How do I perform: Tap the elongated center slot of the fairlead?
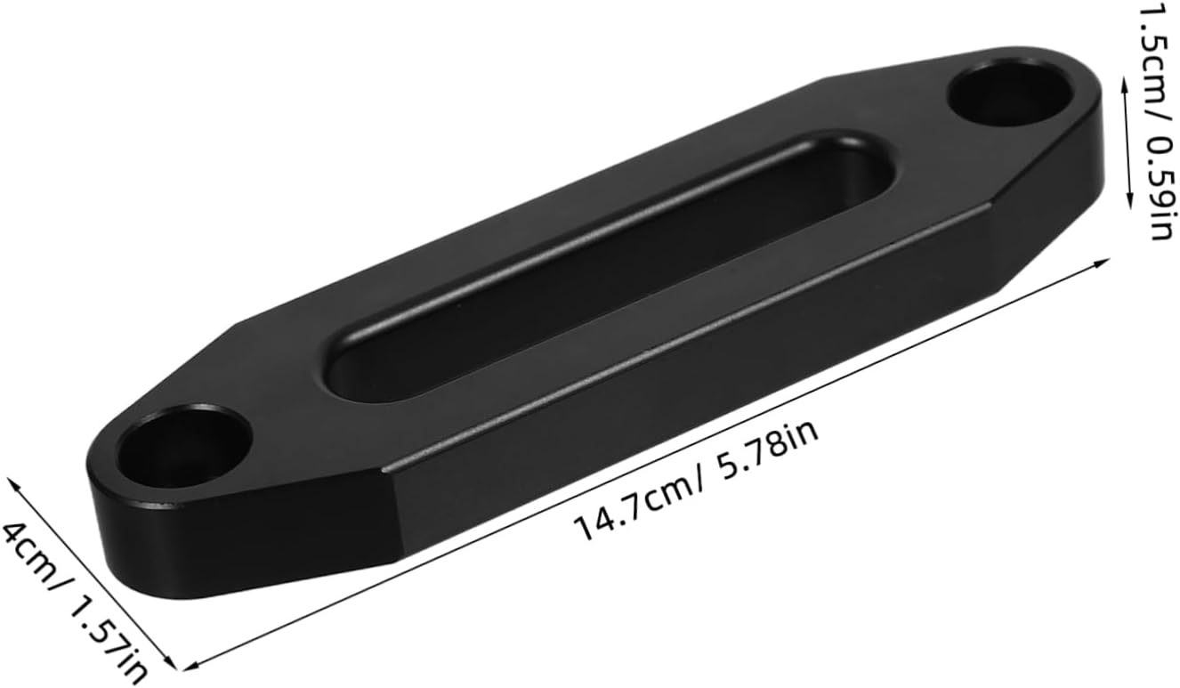click(610, 268)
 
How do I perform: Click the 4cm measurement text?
click(30, 552)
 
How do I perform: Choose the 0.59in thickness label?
click(1157, 188)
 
